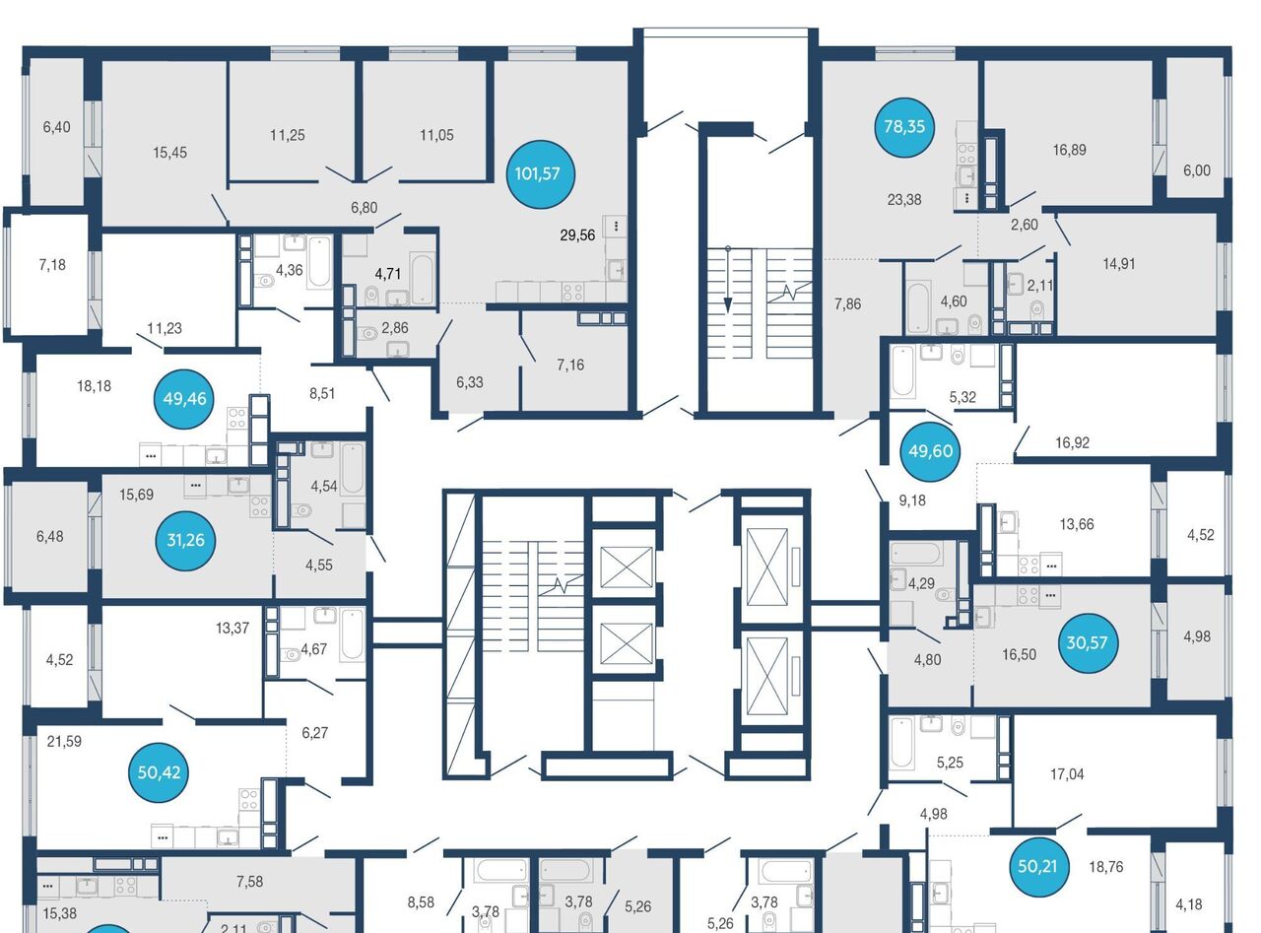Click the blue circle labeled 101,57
tap(540, 174)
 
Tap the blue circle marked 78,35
tap(904, 127)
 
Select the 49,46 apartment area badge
tap(185, 399)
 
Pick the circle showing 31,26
tap(185, 540)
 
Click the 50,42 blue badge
tap(160, 772)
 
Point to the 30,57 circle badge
tap(1087, 643)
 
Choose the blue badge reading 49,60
tap(930, 451)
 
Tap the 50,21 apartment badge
tap(1037, 866)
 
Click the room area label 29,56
tap(577, 234)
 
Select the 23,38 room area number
tap(904, 200)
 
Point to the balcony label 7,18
tap(52, 264)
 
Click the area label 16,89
tap(1070, 150)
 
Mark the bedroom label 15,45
tap(170, 153)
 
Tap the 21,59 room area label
tap(64, 742)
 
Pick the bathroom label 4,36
tap(289, 270)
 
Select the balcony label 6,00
tap(1197, 170)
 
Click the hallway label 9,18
tap(912, 500)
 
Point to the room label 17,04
tap(1067, 773)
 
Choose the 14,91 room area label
tap(1119, 264)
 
